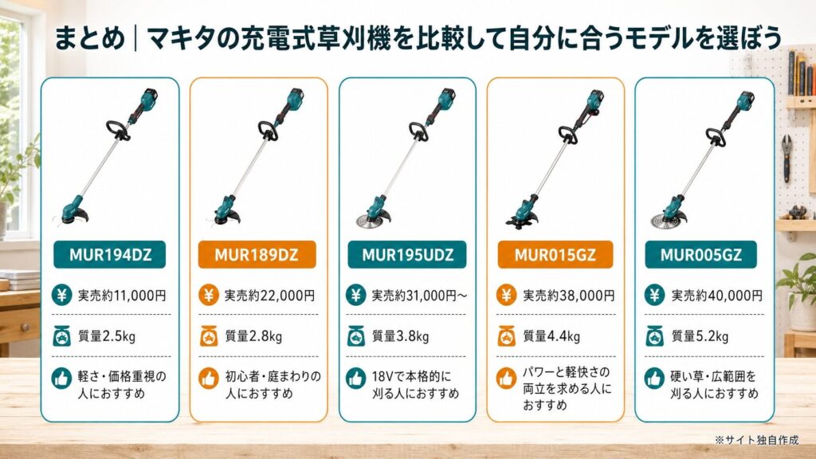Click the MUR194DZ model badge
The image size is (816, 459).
[x=109, y=254]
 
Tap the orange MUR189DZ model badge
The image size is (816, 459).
[x=257, y=254]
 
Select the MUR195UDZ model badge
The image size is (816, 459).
[x=407, y=254]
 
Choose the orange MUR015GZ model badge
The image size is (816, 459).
[x=555, y=254]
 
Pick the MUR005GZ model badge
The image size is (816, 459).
[x=701, y=254]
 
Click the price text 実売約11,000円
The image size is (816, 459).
[x=122, y=296]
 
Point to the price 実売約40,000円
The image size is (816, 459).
[x=716, y=296]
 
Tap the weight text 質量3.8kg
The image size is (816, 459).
[x=400, y=336]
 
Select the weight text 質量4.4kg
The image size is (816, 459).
[x=551, y=336]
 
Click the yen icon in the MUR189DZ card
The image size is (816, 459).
[x=209, y=295]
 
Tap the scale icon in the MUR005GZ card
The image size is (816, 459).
[x=654, y=336]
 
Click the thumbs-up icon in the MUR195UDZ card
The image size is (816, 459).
[x=356, y=379]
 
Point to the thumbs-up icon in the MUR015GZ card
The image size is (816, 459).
[x=506, y=379]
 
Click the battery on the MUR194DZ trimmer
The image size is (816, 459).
[x=149, y=96]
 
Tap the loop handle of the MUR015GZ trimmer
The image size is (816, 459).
[x=567, y=135]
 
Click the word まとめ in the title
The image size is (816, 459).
[x=89, y=38]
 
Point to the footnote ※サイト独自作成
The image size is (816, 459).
[x=756, y=440]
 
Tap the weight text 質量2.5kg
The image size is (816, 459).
[x=106, y=336]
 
